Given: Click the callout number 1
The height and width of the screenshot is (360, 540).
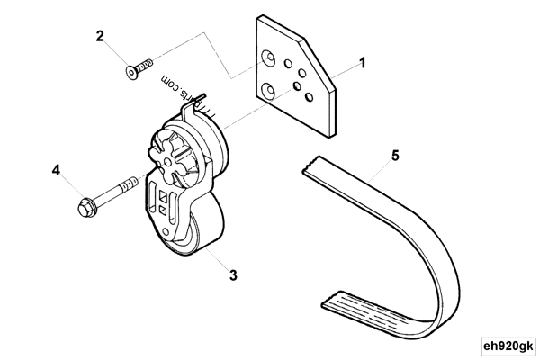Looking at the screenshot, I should pyautogui.click(x=362, y=63).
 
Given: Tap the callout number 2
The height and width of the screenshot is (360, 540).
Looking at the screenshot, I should pyautogui.click(x=101, y=36).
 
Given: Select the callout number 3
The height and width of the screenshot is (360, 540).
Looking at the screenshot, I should pyautogui.click(x=233, y=274).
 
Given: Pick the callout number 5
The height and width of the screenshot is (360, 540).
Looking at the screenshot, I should pyautogui.click(x=395, y=156).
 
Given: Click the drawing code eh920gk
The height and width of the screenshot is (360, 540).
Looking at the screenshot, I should pyautogui.click(x=508, y=345).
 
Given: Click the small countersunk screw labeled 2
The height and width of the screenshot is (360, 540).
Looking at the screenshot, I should pyautogui.click(x=137, y=68).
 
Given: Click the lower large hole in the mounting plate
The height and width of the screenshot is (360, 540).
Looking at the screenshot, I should pyautogui.click(x=268, y=90).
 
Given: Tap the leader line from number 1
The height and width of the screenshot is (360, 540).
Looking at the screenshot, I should pyautogui.click(x=346, y=70).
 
